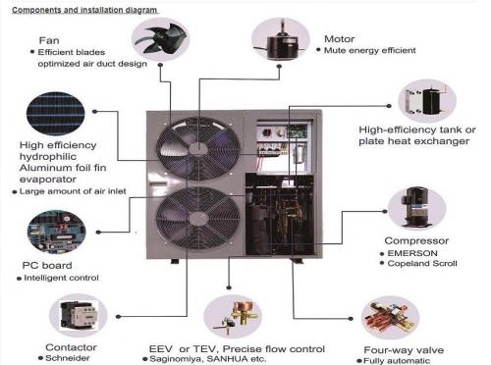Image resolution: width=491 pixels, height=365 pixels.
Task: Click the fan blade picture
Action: click(x=160, y=40)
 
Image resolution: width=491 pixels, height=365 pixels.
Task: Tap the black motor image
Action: click(x=281, y=40)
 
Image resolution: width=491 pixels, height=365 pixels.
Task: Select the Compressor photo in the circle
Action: click(x=417, y=208)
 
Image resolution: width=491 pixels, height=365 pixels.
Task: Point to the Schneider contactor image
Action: click(x=79, y=315)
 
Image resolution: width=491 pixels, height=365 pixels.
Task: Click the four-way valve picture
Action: click(x=390, y=318)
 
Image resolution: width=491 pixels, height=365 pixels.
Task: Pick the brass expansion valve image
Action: click(x=233, y=317)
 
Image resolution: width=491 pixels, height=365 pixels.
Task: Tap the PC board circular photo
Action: click(x=56, y=232)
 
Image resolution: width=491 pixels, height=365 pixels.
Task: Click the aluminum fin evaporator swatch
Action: click(x=56, y=114)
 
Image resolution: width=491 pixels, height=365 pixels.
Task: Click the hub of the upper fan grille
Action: click(x=198, y=149)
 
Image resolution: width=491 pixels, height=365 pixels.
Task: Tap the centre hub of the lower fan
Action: click(x=198, y=219)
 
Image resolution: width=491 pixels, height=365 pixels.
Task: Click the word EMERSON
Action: click(x=412, y=253)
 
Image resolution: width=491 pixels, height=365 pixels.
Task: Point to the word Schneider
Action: click(x=68, y=358)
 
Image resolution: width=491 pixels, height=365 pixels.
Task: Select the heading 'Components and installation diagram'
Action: click(x=84, y=10)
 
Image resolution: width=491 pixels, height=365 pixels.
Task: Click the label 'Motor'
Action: click(x=340, y=39)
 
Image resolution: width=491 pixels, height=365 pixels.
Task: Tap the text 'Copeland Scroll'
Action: click(x=422, y=263)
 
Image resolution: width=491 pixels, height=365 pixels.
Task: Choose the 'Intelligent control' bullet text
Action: click(x=61, y=278)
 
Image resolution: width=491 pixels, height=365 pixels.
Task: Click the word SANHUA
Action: click(x=228, y=359)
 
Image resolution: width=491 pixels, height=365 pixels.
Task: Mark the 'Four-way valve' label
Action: click(x=404, y=350)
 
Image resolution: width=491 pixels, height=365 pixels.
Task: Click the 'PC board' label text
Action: click(x=47, y=265)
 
